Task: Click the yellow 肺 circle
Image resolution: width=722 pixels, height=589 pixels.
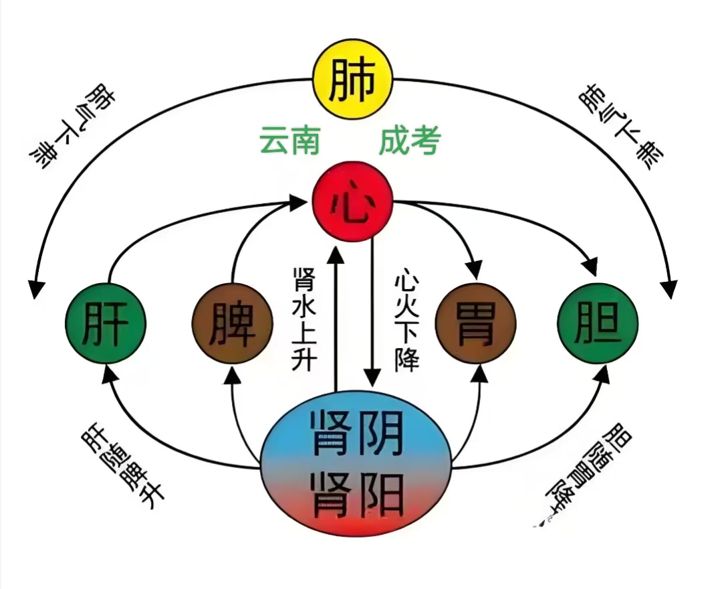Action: coord(352,80)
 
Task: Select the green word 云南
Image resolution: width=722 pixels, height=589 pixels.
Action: coord(289,141)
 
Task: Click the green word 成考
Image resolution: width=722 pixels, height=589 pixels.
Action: coord(409,141)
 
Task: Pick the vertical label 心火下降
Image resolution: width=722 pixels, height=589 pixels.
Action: coord(406,320)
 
